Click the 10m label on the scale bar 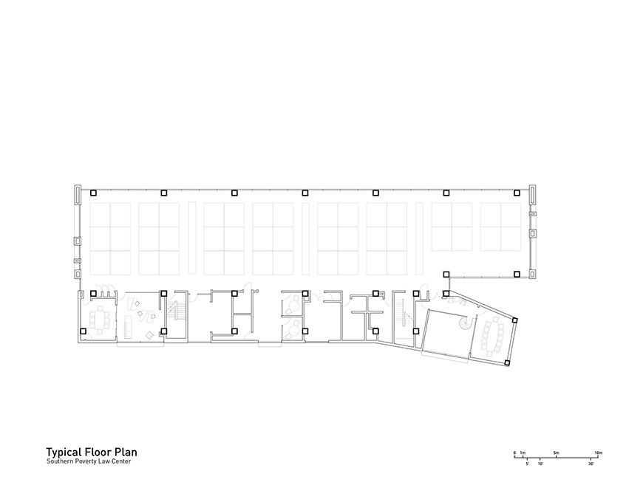click(599, 452)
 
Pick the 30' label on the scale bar click(591, 464)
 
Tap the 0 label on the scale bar click(514, 452)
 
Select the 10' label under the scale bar click(540, 464)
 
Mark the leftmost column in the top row click(94, 193)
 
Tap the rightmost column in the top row click(517, 193)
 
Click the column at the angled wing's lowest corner click(507, 362)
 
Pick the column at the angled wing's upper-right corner click(515, 320)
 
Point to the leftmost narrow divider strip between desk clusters click(191, 238)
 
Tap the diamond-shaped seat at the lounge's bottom click(150, 335)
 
